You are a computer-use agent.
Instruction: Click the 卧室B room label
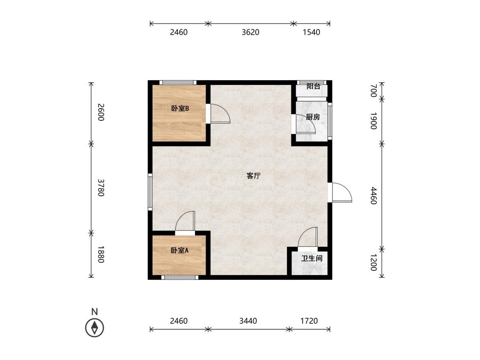[180, 108]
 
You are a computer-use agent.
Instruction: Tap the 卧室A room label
[180, 250]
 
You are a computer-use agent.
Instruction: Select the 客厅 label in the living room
[253, 176]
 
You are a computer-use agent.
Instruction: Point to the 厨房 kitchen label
[313, 117]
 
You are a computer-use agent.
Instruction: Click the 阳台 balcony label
[314, 86]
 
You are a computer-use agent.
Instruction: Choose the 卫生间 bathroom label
[312, 258]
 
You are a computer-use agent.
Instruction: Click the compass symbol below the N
[95, 328]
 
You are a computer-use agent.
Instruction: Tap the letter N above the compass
[95, 312]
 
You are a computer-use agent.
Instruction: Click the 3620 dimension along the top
[250, 32]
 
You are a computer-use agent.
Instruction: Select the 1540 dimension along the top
[311, 32]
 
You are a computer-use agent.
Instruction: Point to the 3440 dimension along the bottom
[248, 321]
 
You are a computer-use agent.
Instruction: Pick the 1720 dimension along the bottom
[309, 321]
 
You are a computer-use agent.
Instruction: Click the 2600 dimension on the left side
[101, 112]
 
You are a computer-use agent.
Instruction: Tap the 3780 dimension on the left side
[101, 188]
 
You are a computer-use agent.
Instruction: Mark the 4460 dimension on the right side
[373, 196]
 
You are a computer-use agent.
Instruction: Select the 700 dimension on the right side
[373, 91]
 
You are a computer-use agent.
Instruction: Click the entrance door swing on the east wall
[342, 192]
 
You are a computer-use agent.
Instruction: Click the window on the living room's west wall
[150, 192]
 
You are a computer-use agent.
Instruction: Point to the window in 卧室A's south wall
[180, 277]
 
